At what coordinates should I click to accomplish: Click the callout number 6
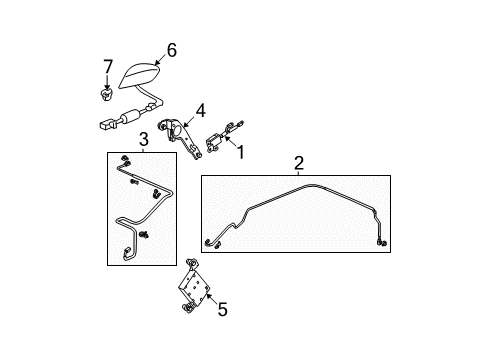click(171, 49)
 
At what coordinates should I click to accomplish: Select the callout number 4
click(200, 112)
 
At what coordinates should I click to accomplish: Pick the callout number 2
click(298, 163)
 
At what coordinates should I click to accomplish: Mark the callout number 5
click(222, 310)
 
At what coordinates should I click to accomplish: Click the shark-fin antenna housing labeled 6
click(141, 73)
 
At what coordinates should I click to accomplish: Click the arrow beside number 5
click(207, 303)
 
